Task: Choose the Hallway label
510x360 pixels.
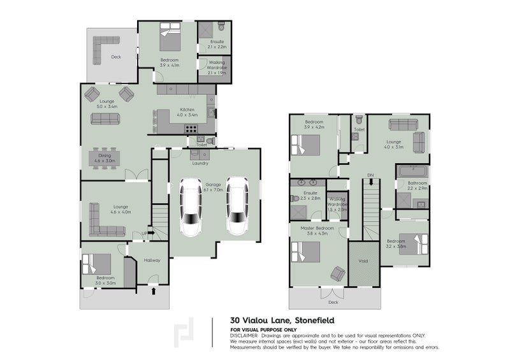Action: click(x=152, y=260)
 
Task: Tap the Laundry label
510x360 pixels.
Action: click(x=200, y=163)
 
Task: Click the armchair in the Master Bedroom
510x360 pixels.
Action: click(x=337, y=274)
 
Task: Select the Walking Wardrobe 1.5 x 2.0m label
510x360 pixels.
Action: click(x=337, y=204)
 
